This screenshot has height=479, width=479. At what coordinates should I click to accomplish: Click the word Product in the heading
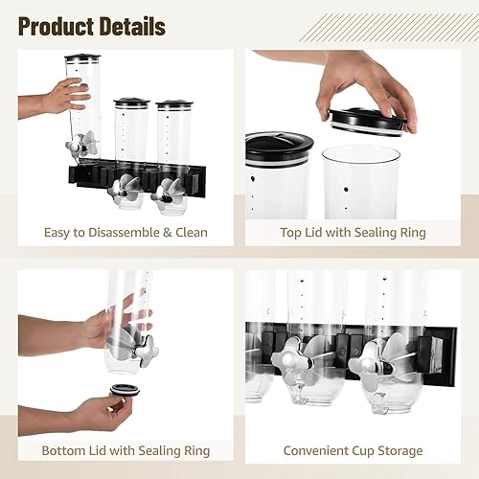(x=55, y=25)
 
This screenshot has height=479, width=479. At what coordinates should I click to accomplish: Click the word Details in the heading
(x=129, y=25)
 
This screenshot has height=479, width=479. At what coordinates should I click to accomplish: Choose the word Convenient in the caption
(x=321, y=449)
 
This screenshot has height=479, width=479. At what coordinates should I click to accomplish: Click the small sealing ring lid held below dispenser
(x=123, y=390)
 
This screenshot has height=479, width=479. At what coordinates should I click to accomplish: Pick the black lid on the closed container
(x=279, y=145)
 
